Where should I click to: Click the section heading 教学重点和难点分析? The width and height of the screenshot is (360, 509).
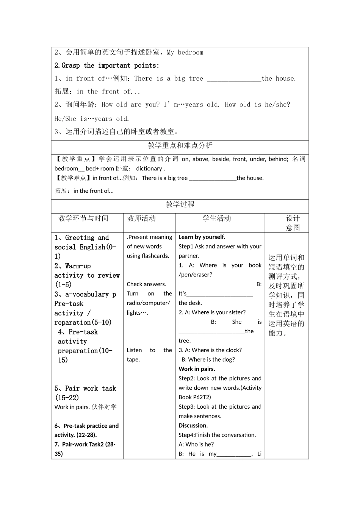tap(180, 145)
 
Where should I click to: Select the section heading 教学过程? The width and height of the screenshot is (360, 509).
tap(180, 205)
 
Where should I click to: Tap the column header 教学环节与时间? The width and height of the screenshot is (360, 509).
tap(83, 219)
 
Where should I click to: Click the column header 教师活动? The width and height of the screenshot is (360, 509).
tap(141, 219)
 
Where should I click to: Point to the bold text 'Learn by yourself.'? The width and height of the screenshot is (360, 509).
tap(202, 237)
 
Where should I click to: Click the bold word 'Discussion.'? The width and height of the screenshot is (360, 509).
tap(193, 426)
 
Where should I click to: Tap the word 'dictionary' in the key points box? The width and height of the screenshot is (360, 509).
tap(149, 169)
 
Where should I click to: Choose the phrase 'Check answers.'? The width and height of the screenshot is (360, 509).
tap(146, 284)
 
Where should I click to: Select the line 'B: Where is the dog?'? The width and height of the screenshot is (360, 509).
tap(208, 360)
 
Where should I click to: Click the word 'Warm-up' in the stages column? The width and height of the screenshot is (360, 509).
tap(78, 266)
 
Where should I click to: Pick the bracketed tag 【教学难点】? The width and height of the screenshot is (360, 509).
tap(72, 178)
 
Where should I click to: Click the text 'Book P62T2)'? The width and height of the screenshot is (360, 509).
tap(195, 397)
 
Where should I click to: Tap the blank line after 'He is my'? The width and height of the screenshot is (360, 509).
tap(234, 454)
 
